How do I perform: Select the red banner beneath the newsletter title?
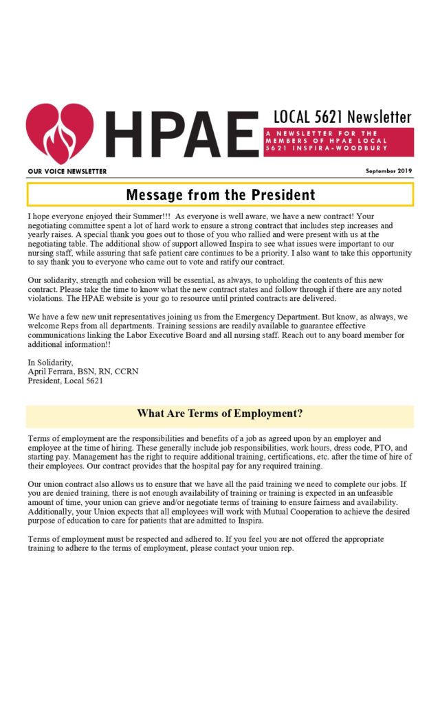click(338, 142)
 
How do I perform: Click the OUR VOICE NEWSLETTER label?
click(67, 171)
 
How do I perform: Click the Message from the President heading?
click(220, 194)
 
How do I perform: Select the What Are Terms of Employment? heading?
click(220, 414)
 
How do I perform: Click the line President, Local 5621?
click(65, 381)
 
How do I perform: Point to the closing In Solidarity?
click(49, 361)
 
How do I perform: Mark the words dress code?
click(327, 447)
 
